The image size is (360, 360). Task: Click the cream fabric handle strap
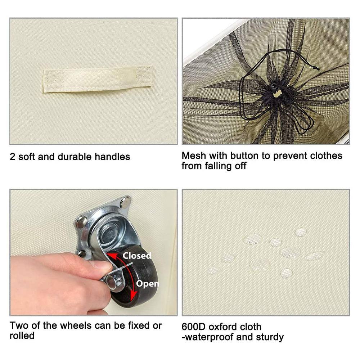pos(98,79)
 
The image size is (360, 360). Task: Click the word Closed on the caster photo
pos(137,256)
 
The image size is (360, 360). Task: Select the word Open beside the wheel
pos(147,284)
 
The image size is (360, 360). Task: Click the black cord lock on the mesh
pos(274,87)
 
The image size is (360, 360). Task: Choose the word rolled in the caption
pos(22,336)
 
